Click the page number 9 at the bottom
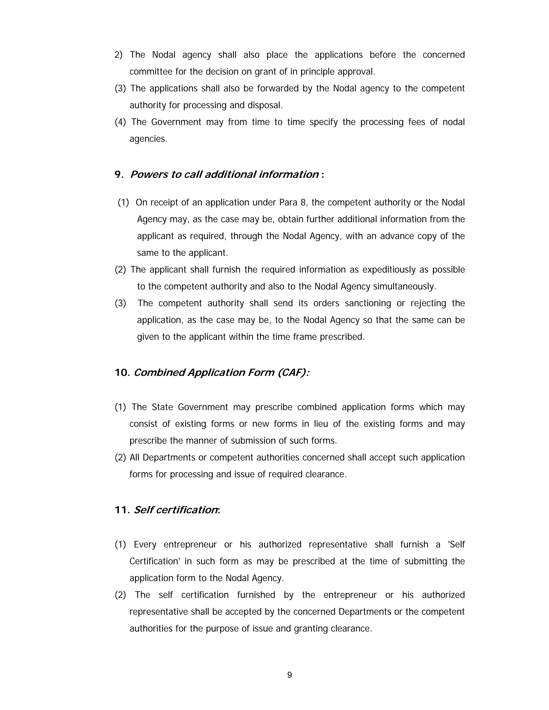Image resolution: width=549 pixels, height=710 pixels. [290, 675]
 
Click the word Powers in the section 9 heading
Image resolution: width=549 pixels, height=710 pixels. [148, 175]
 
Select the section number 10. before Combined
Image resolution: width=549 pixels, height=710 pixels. [122, 373]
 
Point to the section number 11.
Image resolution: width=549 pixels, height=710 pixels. [122, 510]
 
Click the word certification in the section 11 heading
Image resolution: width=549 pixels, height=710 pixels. [187, 510]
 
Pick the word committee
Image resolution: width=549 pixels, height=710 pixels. [151, 72]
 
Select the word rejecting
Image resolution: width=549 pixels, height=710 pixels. [428, 303]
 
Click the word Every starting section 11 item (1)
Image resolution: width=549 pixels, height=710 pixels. [145, 544]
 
